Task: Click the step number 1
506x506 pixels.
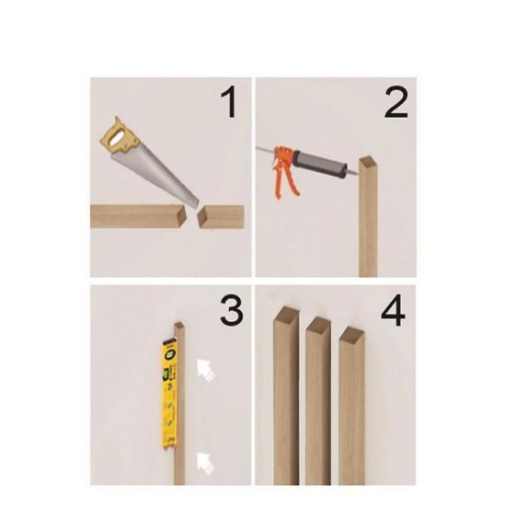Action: click(230, 103)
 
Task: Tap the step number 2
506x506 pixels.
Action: click(397, 103)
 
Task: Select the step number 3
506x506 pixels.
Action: click(231, 310)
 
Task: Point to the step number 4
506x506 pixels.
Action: click(393, 310)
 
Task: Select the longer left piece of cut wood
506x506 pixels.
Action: click(139, 216)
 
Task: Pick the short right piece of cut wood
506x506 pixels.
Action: click(221, 216)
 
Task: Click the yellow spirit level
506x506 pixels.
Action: click(169, 395)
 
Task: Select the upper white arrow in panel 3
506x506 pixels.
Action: click(205, 370)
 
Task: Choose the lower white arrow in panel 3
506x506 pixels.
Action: click(205, 463)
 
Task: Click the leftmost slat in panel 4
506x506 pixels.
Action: click(286, 396)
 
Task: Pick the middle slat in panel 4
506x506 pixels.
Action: click(318, 401)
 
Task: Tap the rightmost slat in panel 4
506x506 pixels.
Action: click(351, 406)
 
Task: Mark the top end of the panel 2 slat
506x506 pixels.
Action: click(369, 161)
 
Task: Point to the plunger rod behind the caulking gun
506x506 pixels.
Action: click(265, 150)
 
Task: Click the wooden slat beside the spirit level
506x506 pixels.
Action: click(179, 403)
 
